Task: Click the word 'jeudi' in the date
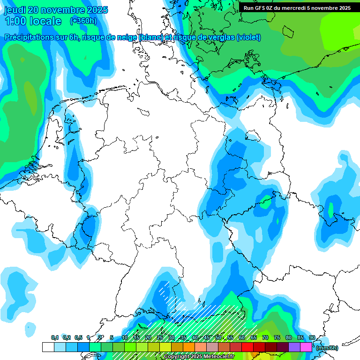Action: click(x=15, y=9)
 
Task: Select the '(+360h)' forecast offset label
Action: click(x=83, y=21)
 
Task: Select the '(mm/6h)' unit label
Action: click(x=327, y=348)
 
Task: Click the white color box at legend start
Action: click(x=48, y=347)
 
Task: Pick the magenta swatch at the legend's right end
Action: click(x=306, y=347)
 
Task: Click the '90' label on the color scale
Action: click(x=312, y=337)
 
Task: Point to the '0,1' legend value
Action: click(x=55, y=337)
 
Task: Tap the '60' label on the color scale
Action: click(x=242, y=337)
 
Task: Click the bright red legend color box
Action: click(x=247, y=347)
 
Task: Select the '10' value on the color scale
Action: click(x=125, y=337)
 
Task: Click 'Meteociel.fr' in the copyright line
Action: click(x=217, y=357)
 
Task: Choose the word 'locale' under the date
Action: click(x=45, y=21)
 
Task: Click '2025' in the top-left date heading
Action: click(x=97, y=9)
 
